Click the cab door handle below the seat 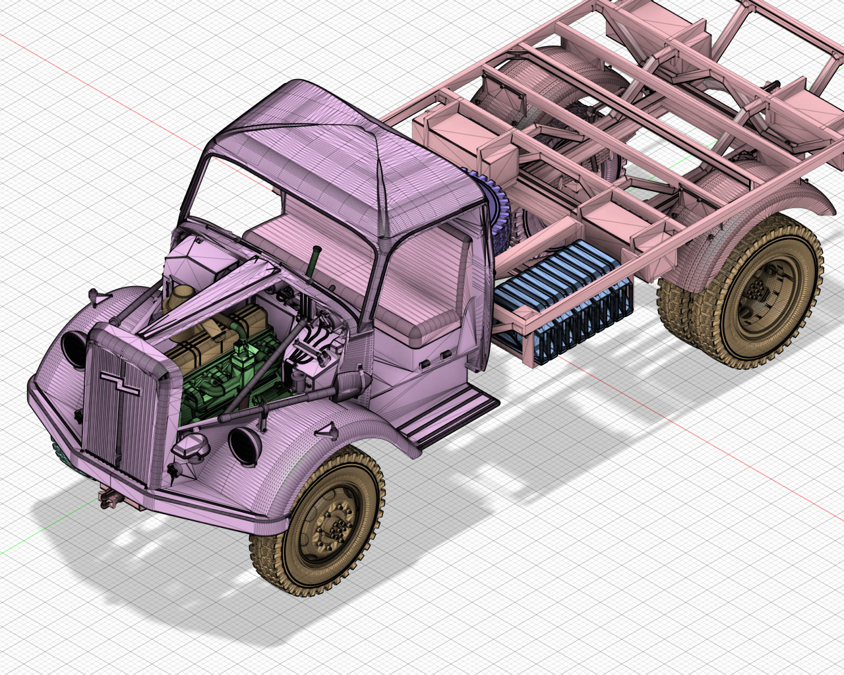coord(435,359)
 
